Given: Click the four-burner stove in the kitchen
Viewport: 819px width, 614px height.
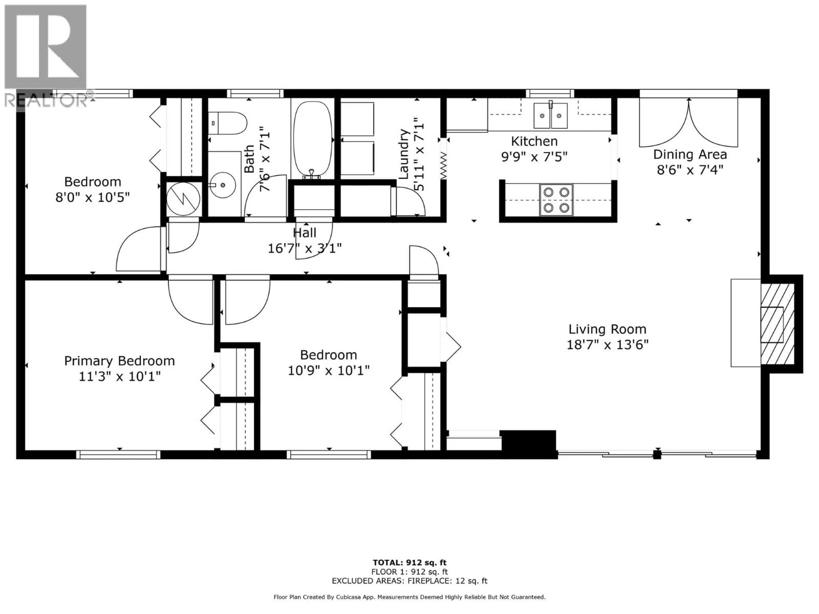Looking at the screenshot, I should point(556,200).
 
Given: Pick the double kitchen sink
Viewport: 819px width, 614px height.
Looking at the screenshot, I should point(550,116).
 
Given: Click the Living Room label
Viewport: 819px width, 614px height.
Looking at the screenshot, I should point(607,329).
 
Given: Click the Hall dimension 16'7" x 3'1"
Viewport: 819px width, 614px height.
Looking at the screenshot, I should point(304,248).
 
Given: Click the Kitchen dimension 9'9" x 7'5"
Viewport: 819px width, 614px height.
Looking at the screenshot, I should point(534,157).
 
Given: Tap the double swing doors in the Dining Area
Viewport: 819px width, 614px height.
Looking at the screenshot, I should point(689,124).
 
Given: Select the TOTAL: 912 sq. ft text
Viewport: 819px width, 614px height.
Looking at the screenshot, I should point(409,563).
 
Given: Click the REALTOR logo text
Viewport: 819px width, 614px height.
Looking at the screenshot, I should point(46,100).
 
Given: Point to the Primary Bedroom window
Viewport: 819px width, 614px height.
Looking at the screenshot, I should point(119,455).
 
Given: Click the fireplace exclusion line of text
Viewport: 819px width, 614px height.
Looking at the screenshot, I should point(409,581).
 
